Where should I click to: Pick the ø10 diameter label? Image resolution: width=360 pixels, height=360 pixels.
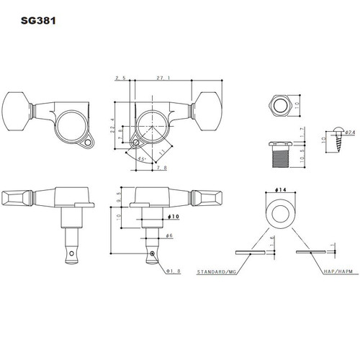(174, 216)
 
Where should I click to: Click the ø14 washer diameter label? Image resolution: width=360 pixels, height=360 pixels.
(279, 189)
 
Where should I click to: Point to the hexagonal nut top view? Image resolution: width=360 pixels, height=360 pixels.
(279, 104)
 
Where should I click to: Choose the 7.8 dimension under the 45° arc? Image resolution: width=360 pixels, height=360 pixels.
(161, 168)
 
